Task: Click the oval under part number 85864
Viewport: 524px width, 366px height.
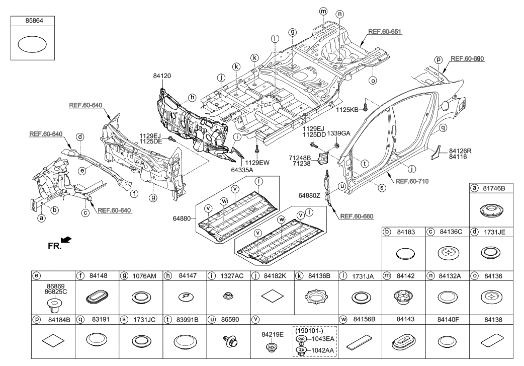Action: coord(33,45)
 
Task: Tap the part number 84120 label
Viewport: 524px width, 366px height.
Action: coord(163,76)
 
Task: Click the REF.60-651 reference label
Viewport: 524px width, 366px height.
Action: coord(385,31)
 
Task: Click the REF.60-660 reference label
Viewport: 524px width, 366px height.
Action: coord(358,216)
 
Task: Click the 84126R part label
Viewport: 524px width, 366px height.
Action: coord(461,151)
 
